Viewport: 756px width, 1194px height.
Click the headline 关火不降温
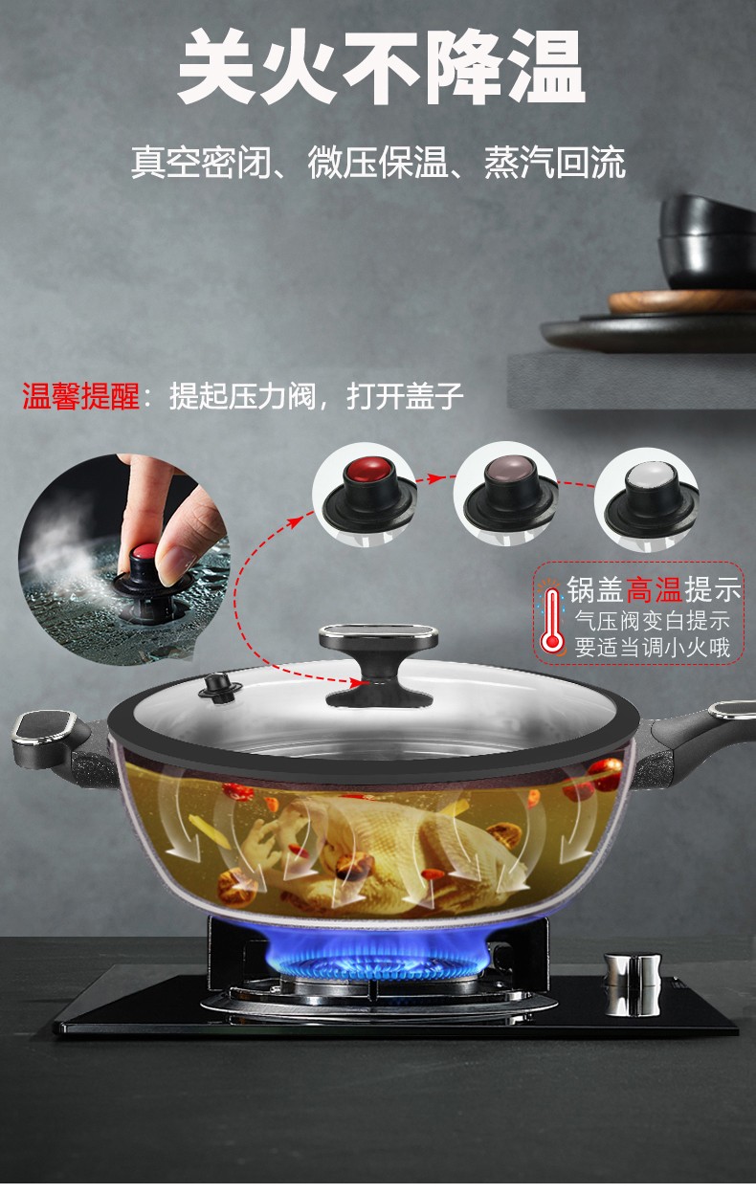[381, 67]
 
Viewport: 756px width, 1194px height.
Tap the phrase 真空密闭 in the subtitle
[200, 162]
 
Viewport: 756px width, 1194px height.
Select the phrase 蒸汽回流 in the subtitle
[554, 162]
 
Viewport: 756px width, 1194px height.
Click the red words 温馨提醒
[80, 395]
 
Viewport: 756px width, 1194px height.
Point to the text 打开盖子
[405, 395]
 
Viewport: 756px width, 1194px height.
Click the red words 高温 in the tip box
[654, 589]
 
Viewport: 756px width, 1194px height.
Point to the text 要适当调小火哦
[652, 648]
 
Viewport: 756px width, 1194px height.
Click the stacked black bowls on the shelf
[707, 243]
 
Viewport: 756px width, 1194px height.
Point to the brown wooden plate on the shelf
[682, 302]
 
